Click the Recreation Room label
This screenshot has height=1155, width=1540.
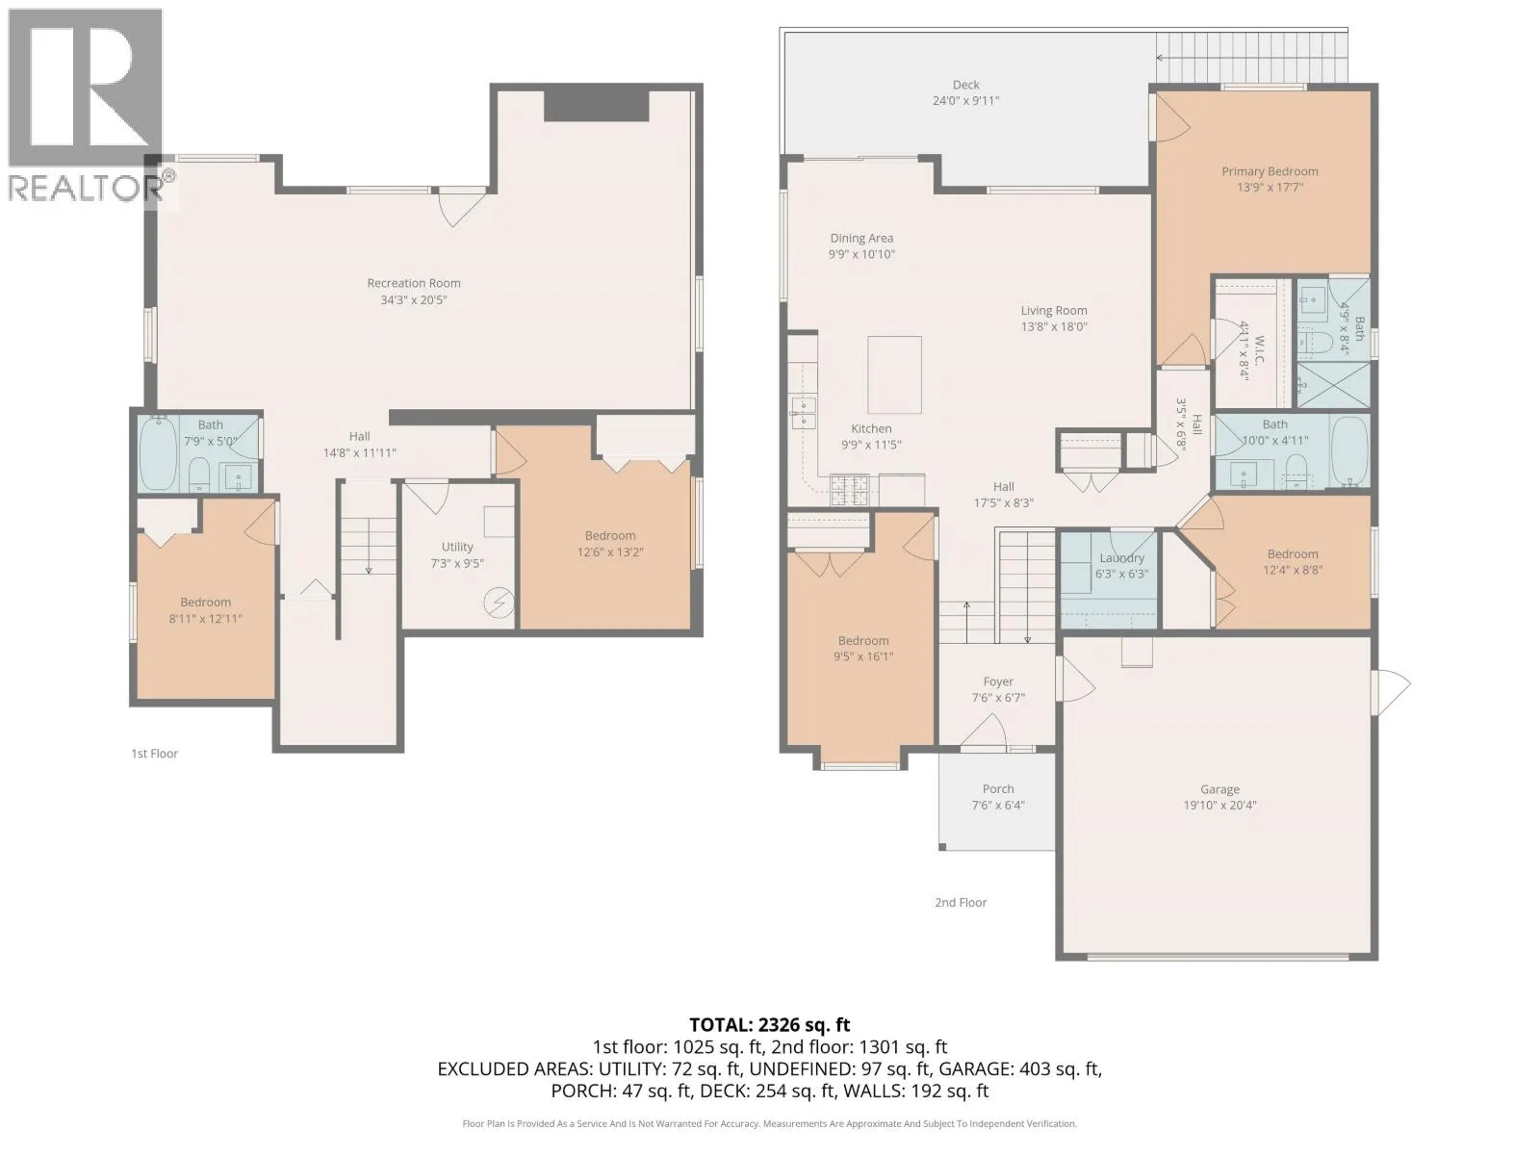click(413, 283)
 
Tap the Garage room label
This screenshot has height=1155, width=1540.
click(1219, 789)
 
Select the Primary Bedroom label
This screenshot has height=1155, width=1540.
click(1270, 171)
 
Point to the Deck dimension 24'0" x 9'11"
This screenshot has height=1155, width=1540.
click(965, 100)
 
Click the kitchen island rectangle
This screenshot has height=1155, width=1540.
click(894, 374)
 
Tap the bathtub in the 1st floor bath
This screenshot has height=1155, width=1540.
click(157, 453)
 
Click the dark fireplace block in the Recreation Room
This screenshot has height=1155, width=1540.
click(596, 106)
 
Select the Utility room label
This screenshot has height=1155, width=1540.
click(457, 547)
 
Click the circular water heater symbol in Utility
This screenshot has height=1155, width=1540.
click(499, 603)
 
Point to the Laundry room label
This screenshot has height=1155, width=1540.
click(1121, 557)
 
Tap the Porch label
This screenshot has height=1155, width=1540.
click(998, 788)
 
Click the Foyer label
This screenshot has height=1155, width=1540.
click(998, 680)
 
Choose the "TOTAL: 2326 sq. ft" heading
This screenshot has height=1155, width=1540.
click(770, 1024)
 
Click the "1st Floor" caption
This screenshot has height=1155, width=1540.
click(154, 754)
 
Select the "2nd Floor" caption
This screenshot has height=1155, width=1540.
click(961, 903)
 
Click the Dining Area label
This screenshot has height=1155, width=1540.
click(861, 238)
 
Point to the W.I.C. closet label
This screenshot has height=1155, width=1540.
click(1259, 349)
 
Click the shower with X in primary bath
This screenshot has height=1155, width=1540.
click(1332, 385)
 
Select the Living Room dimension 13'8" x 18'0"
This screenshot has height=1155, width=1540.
click(1054, 326)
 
